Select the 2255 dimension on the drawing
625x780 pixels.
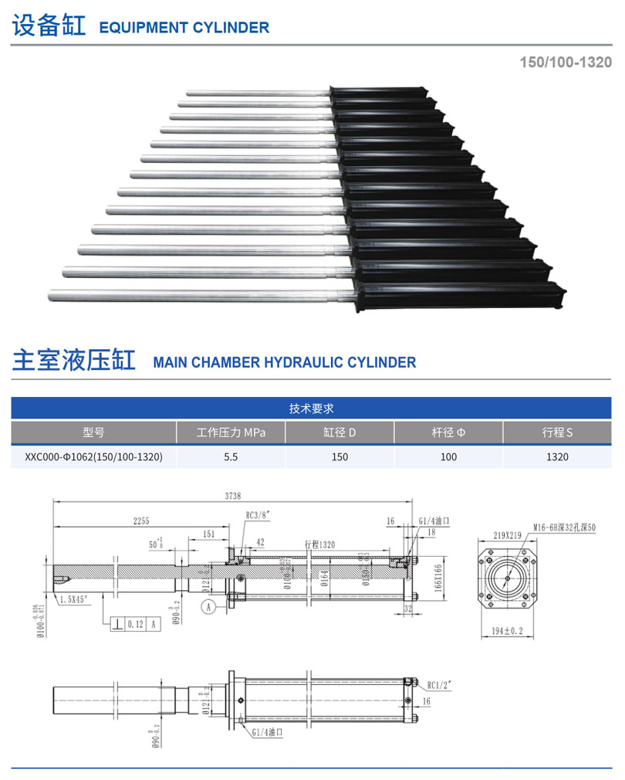[x=140, y=521]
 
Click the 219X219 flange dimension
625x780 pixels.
[x=495, y=534]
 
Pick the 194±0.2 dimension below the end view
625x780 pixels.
[x=508, y=630]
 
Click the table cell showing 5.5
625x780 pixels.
[x=231, y=456]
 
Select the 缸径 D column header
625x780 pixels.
[x=340, y=432]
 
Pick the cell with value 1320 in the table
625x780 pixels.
[x=557, y=456]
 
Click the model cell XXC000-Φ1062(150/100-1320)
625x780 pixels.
[x=93, y=456]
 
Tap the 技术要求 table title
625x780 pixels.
[x=311, y=409]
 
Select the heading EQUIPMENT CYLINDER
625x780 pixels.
[x=184, y=28]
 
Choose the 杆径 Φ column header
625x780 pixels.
[x=448, y=432]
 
